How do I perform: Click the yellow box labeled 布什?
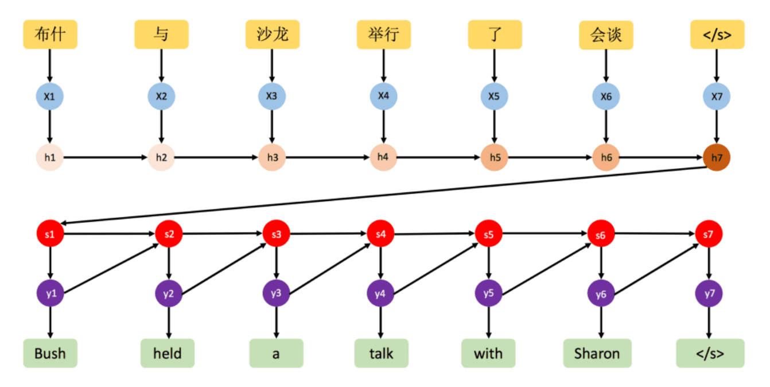pos(50,34)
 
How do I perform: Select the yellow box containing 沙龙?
pos(272,34)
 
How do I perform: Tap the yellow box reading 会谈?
pos(606,34)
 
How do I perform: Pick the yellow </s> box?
pos(717,34)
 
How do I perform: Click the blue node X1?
pos(50,96)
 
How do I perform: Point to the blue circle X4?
pos(383,96)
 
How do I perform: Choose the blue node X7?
pos(717,96)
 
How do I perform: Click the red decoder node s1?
pos(50,234)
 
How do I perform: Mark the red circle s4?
pos(381,234)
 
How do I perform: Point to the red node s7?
pos(709,234)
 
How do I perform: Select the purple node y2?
pos(169,294)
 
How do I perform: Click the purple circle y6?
pos(601,294)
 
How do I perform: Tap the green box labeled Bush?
pos(50,353)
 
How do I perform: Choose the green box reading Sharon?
pos(597,353)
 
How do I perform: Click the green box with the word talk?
pos(381,353)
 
